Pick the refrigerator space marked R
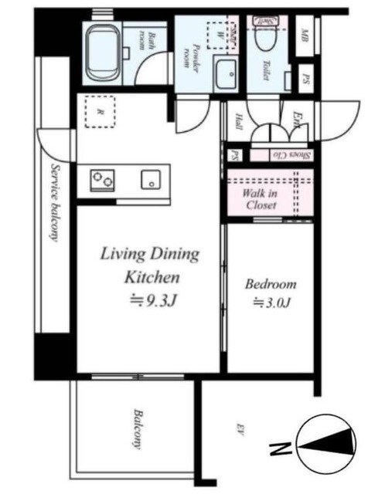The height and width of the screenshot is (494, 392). click(99, 111)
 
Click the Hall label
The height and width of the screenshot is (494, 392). click(237, 123)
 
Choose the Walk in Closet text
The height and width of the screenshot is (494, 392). click(261, 199)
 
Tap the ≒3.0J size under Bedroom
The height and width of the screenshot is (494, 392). click(271, 303)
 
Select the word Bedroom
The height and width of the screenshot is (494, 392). click(270, 284)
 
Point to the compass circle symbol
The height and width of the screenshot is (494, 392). click(326, 443)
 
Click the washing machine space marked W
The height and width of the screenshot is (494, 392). click(219, 32)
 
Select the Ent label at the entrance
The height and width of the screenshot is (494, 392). click(298, 118)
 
